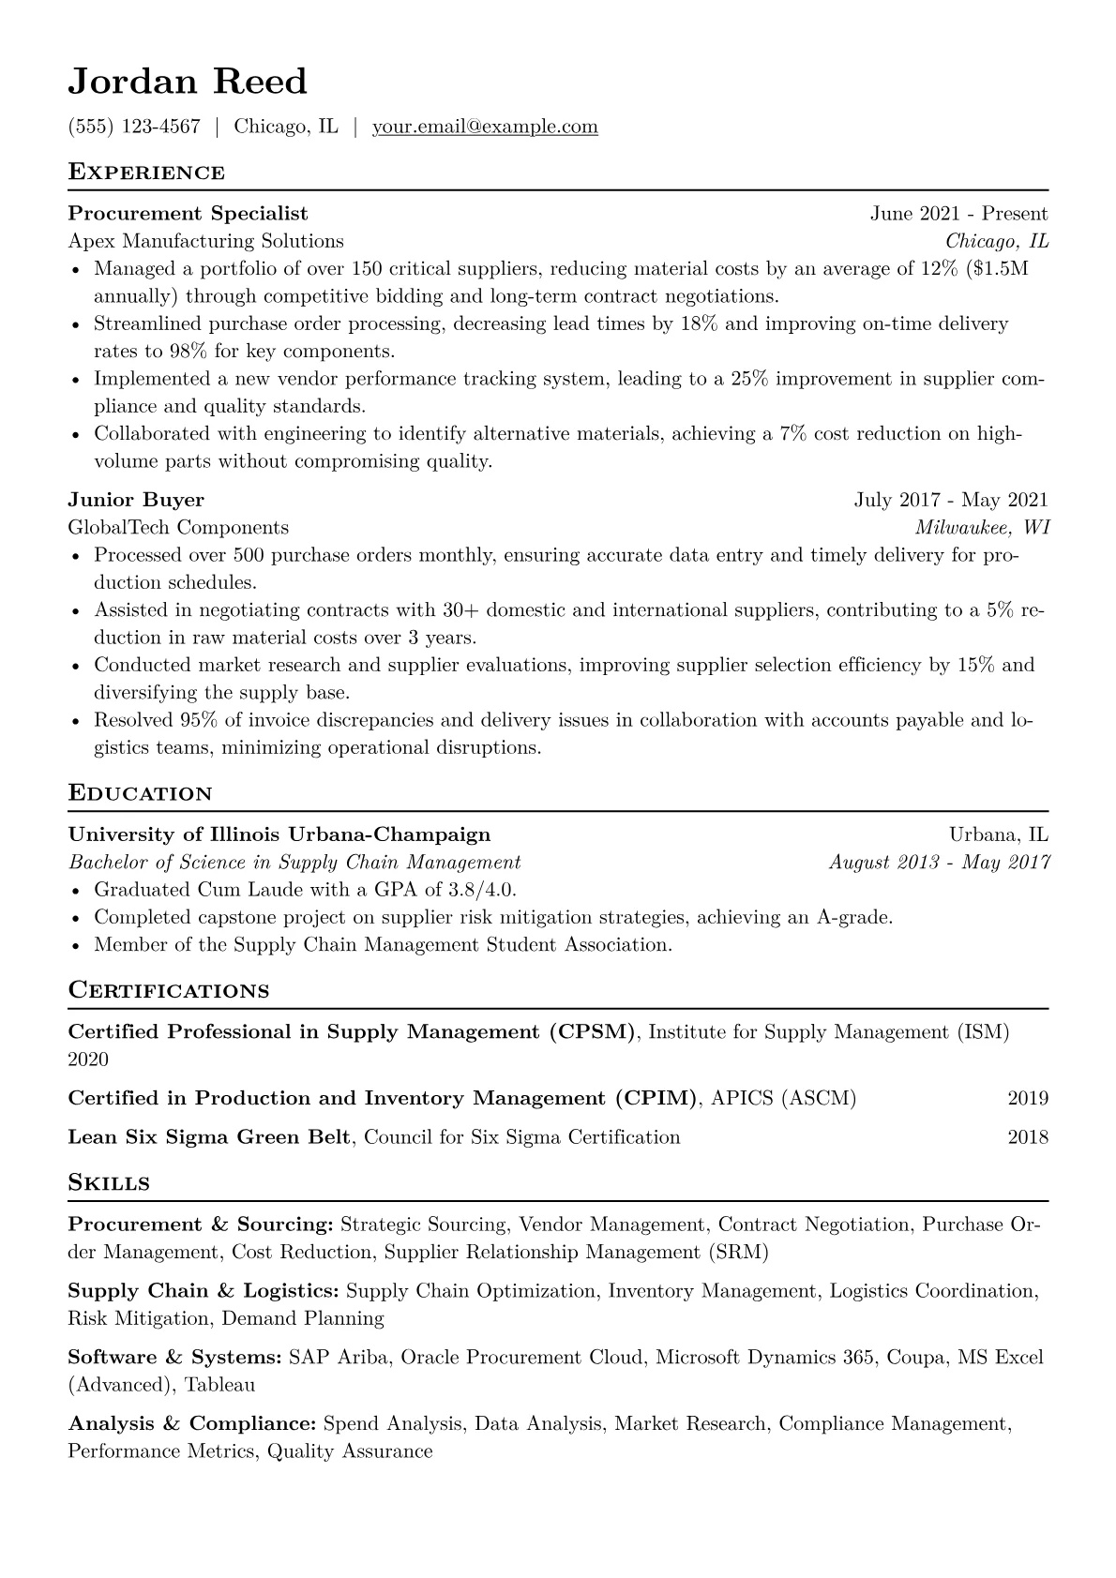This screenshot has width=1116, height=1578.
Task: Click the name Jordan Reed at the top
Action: coord(188,83)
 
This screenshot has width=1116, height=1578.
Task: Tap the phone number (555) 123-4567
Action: coord(134,127)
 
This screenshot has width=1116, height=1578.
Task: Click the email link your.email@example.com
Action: coord(485,127)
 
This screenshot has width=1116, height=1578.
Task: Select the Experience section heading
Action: coord(146,173)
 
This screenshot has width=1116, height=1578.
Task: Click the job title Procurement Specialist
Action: coord(188,214)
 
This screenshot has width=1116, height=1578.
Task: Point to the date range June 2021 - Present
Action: coord(958,214)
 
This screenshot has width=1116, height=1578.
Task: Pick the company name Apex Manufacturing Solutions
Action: coord(206,241)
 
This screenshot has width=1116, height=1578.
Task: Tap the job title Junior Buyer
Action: coord(136,500)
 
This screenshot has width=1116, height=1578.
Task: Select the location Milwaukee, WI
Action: coord(982,527)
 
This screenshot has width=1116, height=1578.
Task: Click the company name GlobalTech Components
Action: coord(178,527)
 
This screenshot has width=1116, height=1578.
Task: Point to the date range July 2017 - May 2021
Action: coord(951,500)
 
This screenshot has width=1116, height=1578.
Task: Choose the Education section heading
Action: coord(141,794)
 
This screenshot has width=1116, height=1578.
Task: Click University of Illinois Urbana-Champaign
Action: coord(279,834)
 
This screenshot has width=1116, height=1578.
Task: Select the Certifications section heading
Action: coord(169,991)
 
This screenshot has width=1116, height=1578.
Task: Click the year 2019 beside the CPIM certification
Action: coord(1028,1099)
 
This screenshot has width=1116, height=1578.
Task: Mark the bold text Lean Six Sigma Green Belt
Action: coord(210,1138)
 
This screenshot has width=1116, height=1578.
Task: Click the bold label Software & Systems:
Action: coord(175,1358)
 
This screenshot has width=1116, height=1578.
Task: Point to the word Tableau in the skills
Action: coord(219,1385)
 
